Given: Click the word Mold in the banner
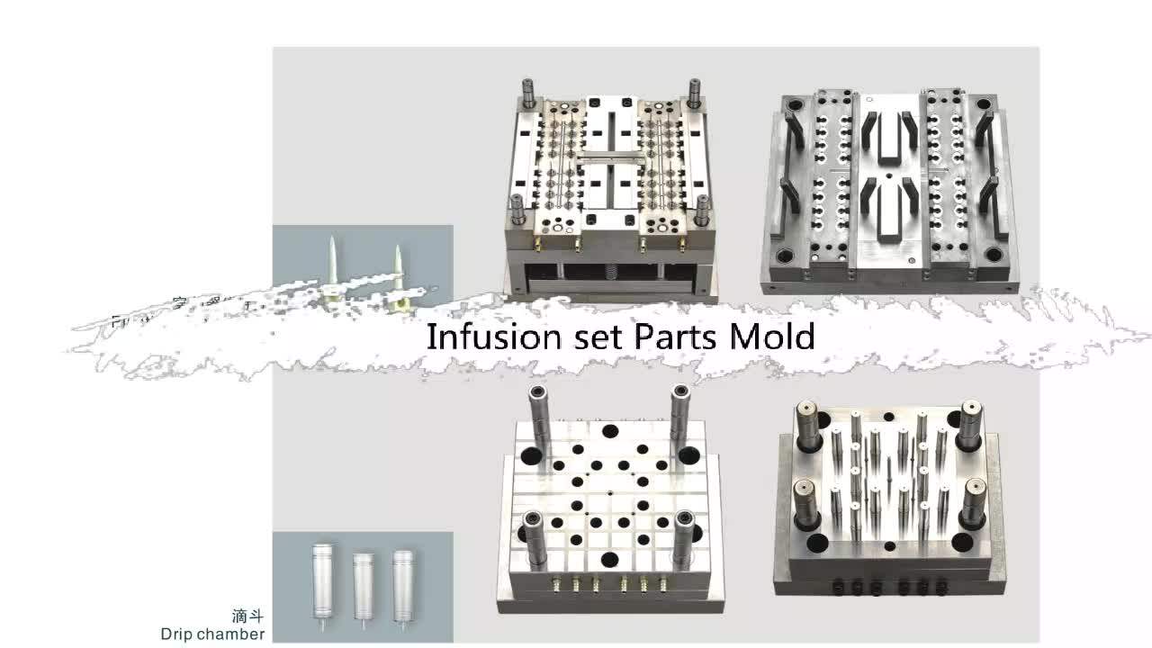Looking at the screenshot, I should pos(771,337).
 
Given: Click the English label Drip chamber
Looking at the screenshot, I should pos(212,634).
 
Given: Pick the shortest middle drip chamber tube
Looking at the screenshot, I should pos(362,585).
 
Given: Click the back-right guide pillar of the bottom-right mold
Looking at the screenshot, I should pos(968,423).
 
